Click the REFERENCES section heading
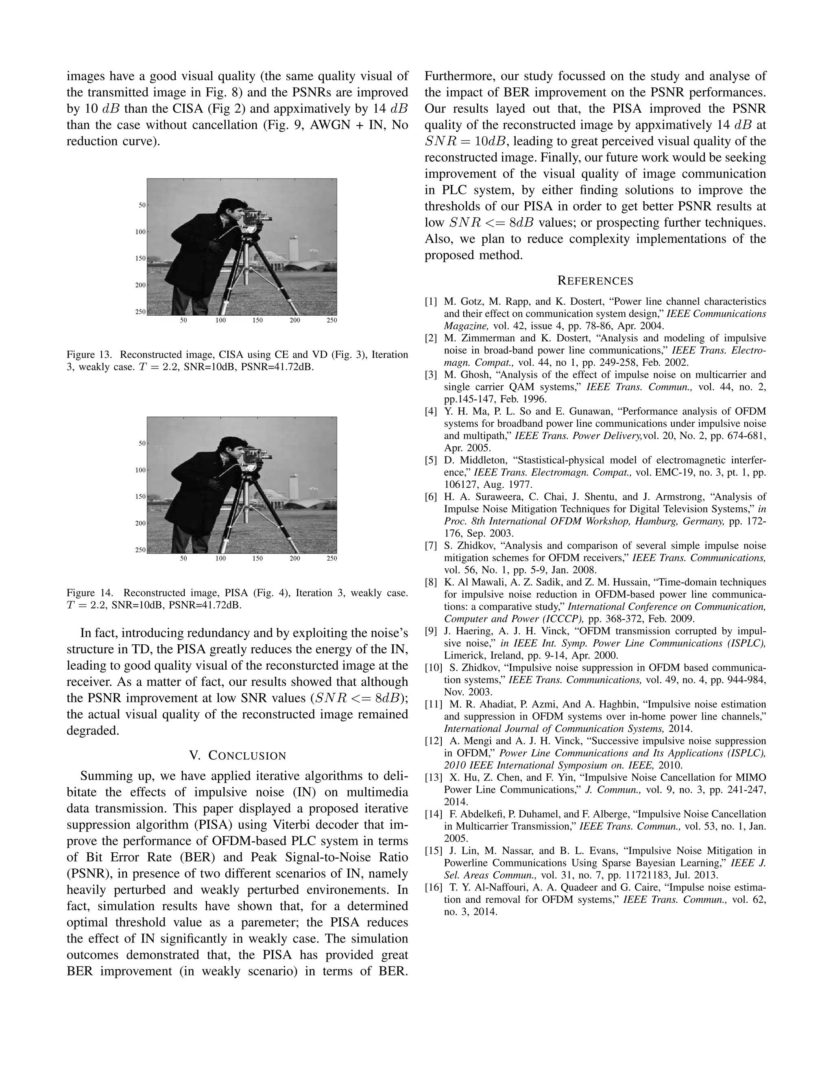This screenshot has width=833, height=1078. click(x=595, y=281)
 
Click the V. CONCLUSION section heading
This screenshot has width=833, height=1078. click(x=238, y=756)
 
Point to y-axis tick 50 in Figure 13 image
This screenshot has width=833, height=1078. click(x=141, y=205)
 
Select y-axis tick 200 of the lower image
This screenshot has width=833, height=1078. click(x=140, y=523)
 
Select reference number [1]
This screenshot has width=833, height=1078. click(x=431, y=301)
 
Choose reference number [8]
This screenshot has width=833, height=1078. click(x=431, y=583)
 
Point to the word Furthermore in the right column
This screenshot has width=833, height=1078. click(x=458, y=76)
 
